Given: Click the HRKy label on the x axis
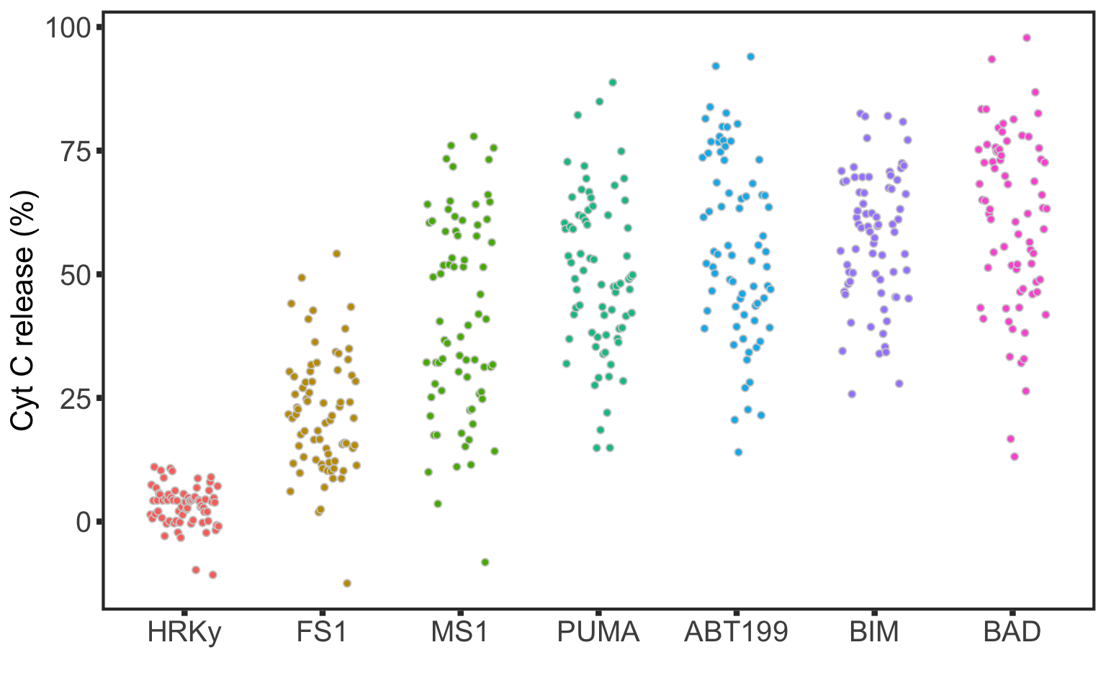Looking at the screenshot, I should [x=184, y=632].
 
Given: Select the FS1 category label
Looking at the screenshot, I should [x=322, y=632].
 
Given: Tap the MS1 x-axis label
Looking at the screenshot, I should [x=459, y=632].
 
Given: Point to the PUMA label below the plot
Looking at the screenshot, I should [x=598, y=632].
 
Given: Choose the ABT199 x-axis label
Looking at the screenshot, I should [x=736, y=632].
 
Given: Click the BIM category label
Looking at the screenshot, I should [x=874, y=632].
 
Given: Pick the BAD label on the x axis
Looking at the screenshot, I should [x=1012, y=632].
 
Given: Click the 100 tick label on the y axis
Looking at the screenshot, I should [x=68, y=28].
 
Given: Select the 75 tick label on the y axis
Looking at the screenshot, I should [x=76, y=151].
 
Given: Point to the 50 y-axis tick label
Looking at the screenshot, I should [x=76, y=275].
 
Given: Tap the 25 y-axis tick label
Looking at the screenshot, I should [x=76, y=398].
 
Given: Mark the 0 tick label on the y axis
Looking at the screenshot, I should [x=84, y=522].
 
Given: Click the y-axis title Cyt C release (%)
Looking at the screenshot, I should [x=23, y=311].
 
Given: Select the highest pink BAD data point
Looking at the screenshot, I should [x=1027, y=37].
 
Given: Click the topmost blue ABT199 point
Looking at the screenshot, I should [x=750, y=56].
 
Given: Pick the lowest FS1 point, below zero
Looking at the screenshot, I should [x=347, y=583].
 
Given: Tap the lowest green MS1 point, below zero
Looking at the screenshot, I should [x=485, y=562].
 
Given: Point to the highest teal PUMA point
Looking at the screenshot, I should [x=613, y=82].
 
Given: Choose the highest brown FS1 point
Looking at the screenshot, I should [x=336, y=253].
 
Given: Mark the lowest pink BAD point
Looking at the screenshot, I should [x=1015, y=456].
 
